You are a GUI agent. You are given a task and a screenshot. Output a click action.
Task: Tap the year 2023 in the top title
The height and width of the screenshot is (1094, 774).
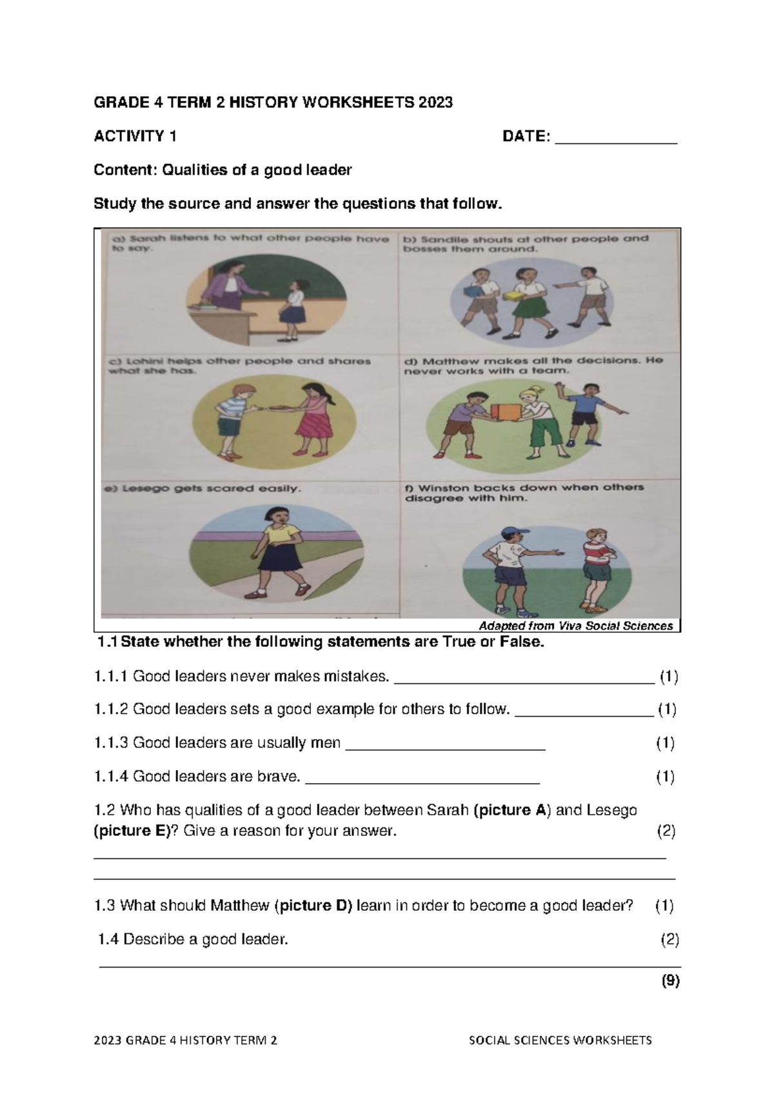[435, 102]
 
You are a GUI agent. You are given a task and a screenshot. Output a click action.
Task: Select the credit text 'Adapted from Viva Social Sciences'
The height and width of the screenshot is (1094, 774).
[575, 626]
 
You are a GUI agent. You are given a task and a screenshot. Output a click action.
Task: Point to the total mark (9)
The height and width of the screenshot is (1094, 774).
[670, 981]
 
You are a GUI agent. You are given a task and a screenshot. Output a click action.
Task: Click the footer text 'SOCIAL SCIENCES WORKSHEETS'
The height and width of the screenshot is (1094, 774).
[560, 1040]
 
